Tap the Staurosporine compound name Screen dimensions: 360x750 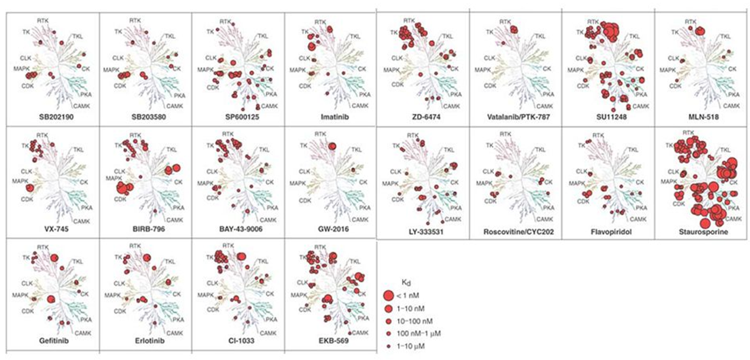[x=700, y=232]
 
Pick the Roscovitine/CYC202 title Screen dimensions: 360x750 [x=515, y=232]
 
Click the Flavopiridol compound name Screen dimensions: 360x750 [x=608, y=232]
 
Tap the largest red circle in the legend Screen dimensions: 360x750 [x=387, y=295]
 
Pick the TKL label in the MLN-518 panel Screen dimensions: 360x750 [x=726, y=36]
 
